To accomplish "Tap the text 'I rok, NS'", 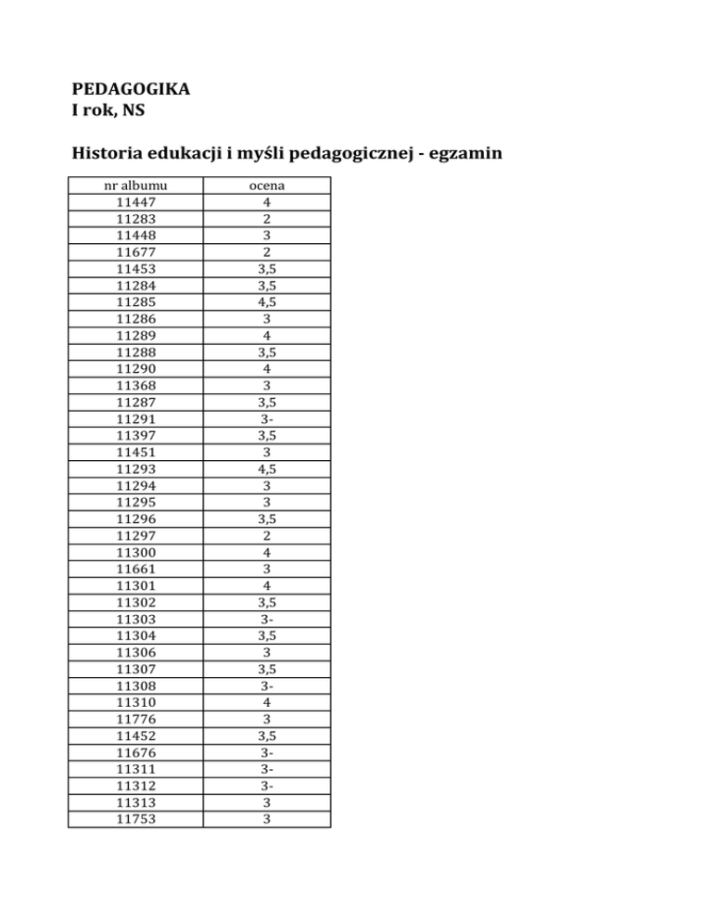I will click(x=108, y=113).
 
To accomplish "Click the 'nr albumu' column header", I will click(x=136, y=186).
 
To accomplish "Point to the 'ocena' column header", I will click(x=267, y=186).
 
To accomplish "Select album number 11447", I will click(x=136, y=201).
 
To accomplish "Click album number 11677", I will click(x=136, y=252).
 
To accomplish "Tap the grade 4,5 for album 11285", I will click(x=267, y=302).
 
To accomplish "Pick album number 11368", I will click(x=136, y=385).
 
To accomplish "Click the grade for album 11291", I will click(x=267, y=418).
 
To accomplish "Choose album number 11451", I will click(x=136, y=452).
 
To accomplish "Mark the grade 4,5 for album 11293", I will click(x=267, y=468).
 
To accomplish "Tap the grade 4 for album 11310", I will click(x=267, y=703).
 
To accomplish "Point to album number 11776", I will click(x=136, y=720).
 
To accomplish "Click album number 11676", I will click(x=136, y=753).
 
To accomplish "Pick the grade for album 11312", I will click(x=267, y=787).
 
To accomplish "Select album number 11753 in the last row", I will click(x=136, y=819).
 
